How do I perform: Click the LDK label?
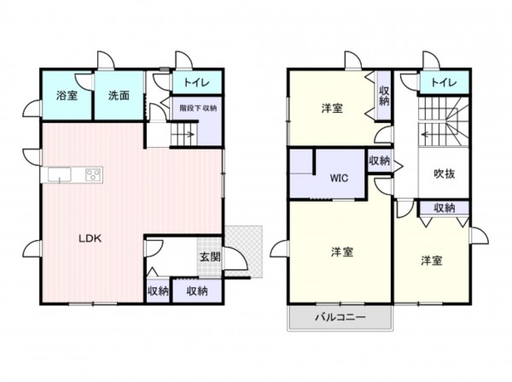click(x=90, y=238)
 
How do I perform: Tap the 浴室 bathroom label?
click(x=67, y=96)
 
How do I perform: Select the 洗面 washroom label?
click(x=119, y=96)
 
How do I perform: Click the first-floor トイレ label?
click(x=196, y=82)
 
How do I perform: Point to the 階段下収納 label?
click(x=198, y=108)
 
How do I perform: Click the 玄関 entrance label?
click(x=210, y=257)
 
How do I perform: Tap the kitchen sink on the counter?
click(x=60, y=174)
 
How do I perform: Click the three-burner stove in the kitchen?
click(x=94, y=174)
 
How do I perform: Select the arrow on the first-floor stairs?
click(x=189, y=134)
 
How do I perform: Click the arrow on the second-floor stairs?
click(x=428, y=134)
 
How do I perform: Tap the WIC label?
click(x=339, y=179)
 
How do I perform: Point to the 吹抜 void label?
click(x=444, y=173)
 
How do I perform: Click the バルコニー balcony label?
click(x=340, y=317)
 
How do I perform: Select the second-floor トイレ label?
click(x=444, y=82)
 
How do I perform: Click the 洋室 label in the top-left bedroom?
click(x=332, y=109)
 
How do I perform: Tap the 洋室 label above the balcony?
click(x=342, y=252)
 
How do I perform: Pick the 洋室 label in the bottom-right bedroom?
click(x=432, y=261)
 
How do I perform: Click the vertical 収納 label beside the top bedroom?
click(x=384, y=96)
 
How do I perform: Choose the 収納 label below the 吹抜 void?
click(x=445, y=208)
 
